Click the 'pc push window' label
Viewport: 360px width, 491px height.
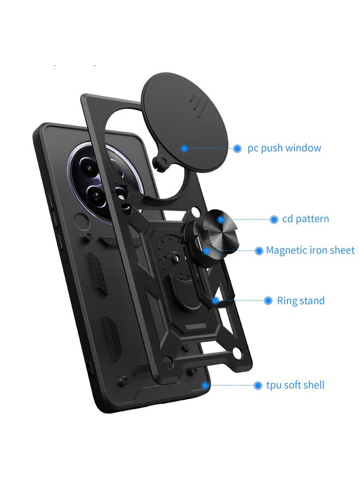pos(284,148)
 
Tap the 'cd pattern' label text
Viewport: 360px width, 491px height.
pos(305,219)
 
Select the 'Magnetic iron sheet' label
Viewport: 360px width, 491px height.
pos(310,250)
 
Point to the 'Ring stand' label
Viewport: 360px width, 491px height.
pos(301,301)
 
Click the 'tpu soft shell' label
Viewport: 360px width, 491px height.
pos(295,385)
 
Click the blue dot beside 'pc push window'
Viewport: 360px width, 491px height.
pos(237,148)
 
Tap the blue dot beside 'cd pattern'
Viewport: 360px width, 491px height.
pos(274,219)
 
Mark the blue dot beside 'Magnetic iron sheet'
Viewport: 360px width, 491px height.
pos(259,251)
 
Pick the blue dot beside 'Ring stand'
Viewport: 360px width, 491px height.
pos(268,301)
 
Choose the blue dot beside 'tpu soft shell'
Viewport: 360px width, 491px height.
pos(258,385)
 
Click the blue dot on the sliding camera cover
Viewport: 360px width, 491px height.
pos(184,148)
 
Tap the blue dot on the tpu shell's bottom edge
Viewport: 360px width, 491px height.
pos(205,385)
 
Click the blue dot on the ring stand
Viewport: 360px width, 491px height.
pos(216,301)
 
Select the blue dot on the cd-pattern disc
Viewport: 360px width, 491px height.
pos(221,219)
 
